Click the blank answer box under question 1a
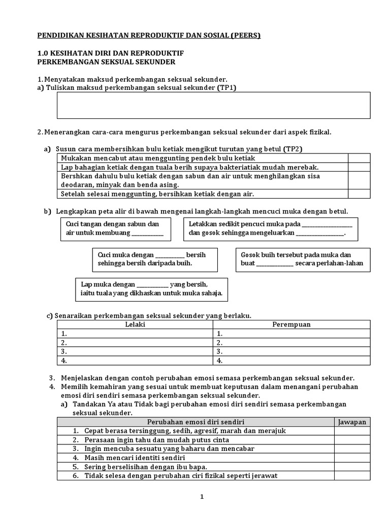[x=213, y=106]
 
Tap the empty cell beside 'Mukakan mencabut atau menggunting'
[x=359, y=158]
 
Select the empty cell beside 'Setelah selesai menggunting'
[x=359, y=193]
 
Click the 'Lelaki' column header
[x=135, y=324]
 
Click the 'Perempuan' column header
[x=291, y=324]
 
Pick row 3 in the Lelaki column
[x=135, y=351]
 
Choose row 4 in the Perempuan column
[x=291, y=361]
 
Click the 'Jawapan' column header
[x=352, y=422]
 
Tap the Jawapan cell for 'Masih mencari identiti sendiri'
[x=352, y=458]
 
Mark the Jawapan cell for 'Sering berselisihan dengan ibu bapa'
[x=352, y=467]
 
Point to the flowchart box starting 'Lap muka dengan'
[x=151, y=289]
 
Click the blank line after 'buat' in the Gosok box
[x=275, y=264]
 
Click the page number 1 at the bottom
[x=202, y=497]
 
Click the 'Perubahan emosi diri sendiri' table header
[x=196, y=422]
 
